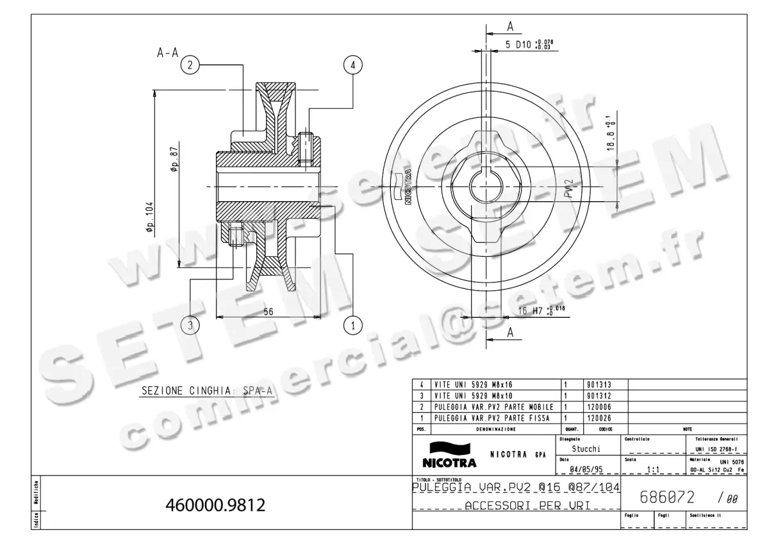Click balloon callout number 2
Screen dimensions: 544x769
(x=190, y=64)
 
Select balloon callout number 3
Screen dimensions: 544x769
(x=190, y=326)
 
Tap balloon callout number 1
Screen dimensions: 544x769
(x=352, y=326)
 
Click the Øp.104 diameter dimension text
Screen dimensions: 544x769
(x=149, y=220)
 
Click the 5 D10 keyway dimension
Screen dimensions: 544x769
(x=529, y=45)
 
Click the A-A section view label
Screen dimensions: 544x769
(x=167, y=54)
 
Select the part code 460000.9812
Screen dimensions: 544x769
(x=215, y=506)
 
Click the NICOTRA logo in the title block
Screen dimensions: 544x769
(x=449, y=455)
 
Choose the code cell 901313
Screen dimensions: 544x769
(x=599, y=384)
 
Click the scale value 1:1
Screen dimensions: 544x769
(x=654, y=470)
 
